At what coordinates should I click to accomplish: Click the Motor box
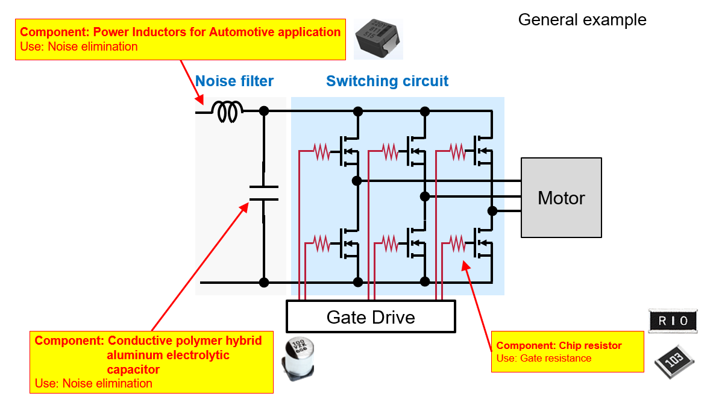pos(561,197)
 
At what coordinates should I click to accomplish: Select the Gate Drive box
pos(370,316)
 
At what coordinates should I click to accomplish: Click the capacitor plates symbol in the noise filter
pos(263,193)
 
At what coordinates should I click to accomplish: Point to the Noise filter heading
pos(234,81)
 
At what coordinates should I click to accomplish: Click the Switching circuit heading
pos(387,81)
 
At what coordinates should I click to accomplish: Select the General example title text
pos(582,20)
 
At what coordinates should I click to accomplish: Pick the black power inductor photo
pos(377,38)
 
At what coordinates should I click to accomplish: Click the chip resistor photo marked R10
pos(672,321)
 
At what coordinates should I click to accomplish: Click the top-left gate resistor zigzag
pos(321,152)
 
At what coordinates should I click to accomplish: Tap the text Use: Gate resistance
pos(544,359)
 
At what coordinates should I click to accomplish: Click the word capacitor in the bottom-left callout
pos(133,369)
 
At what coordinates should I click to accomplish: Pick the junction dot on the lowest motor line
pos(492,210)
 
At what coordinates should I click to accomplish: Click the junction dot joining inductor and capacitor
pos(263,111)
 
